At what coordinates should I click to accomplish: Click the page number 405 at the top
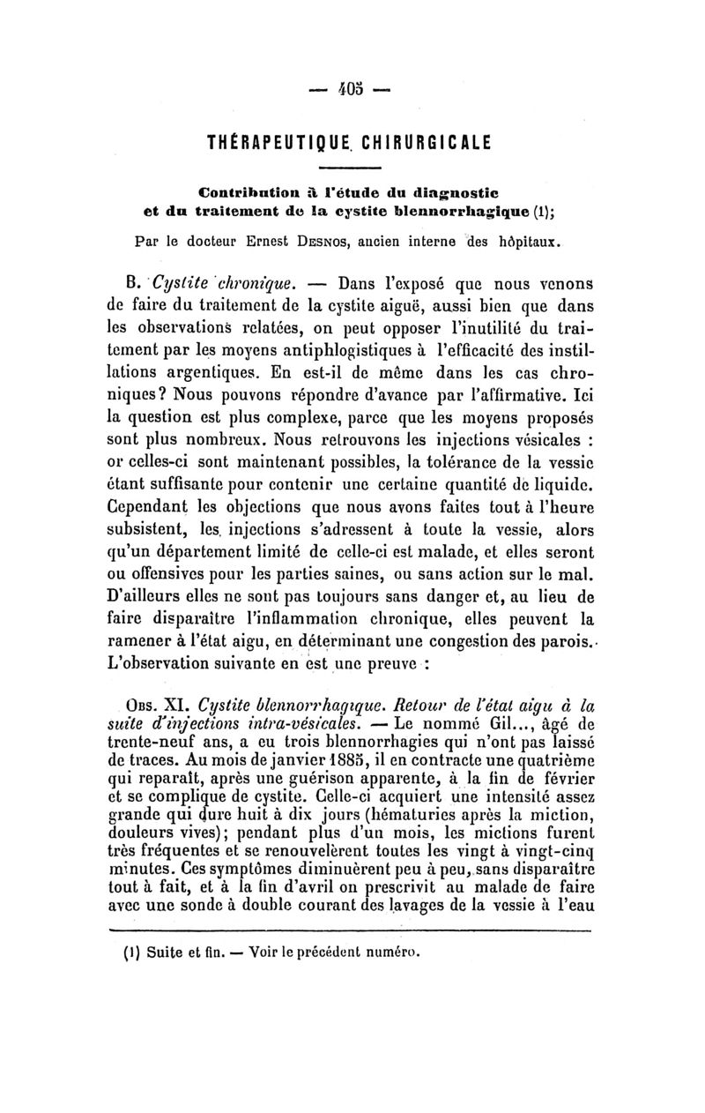point(352,90)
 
